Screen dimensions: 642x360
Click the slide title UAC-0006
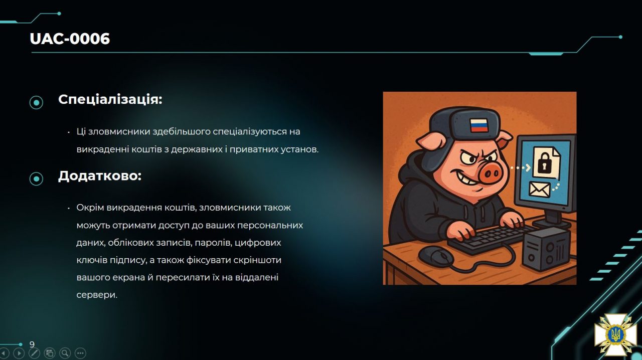70,39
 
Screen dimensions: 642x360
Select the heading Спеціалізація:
110,99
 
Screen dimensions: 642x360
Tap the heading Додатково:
100,175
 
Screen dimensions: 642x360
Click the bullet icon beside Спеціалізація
37,102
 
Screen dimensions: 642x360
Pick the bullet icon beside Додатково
37,179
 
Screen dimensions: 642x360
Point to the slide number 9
32,344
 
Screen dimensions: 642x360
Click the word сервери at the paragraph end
97,295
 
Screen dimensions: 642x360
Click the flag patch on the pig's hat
478,125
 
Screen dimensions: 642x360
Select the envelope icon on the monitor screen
539,190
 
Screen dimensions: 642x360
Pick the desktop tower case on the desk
546,248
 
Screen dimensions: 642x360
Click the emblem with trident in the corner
615,334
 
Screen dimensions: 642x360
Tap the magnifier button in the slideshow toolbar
65,353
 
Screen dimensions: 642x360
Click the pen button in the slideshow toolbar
34,353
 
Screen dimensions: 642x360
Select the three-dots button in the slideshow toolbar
80,353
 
